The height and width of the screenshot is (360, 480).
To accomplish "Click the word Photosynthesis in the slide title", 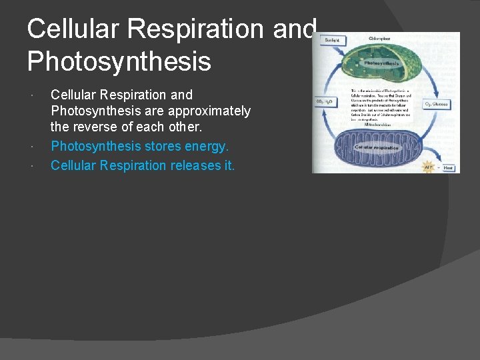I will (x=119, y=61).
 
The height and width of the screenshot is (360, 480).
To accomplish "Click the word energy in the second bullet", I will (x=206, y=146).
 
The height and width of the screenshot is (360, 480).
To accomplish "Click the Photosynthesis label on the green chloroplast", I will (x=381, y=63).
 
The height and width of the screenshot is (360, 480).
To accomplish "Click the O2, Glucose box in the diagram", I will (x=437, y=104).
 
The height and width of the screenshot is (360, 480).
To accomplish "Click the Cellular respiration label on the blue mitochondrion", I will (x=377, y=147).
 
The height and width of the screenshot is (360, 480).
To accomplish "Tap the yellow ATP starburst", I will (x=429, y=167).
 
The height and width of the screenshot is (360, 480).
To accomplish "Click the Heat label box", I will (x=449, y=168).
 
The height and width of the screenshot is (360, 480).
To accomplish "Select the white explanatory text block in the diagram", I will (x=380, y=105).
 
